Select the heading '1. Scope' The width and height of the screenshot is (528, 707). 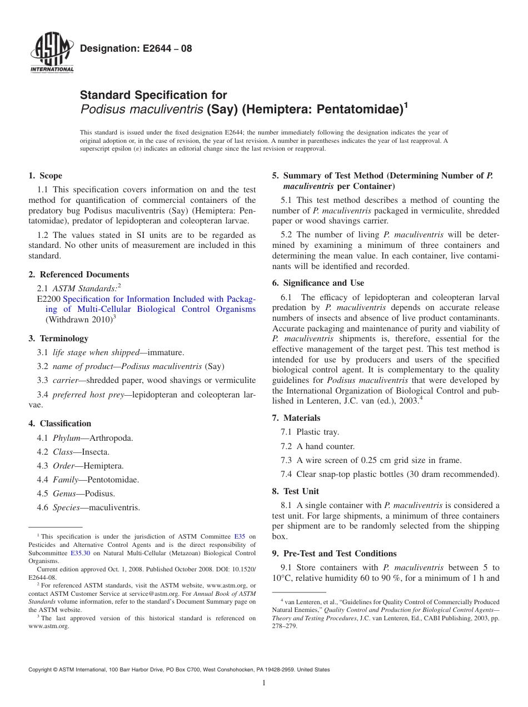45,176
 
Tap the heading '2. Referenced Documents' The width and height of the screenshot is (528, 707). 78,275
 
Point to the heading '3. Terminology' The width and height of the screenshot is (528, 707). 58,338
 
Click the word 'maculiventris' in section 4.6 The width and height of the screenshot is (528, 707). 114,507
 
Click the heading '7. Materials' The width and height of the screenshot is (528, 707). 296,418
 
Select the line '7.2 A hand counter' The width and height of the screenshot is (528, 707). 317,446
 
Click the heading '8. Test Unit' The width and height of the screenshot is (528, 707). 295,491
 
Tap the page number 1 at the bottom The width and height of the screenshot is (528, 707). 264,683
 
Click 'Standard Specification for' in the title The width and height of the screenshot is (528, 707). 153,95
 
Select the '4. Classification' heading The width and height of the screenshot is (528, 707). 59,424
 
